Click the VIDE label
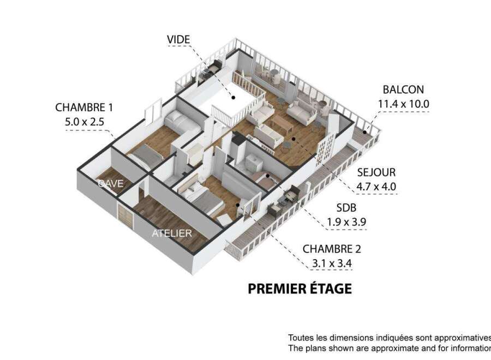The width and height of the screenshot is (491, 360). (178, 39)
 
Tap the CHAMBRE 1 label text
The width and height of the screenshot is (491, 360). (84, 107)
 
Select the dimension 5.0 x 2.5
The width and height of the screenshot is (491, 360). (84, 122)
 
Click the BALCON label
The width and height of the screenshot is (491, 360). (403, 89)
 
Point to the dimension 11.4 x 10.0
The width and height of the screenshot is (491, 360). (403, 104)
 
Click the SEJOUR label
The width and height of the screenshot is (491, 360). (376, 172)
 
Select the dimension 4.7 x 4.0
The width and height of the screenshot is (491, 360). (376, 187)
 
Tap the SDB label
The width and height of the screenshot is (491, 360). (346, 208)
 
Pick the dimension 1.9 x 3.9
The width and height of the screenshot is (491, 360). (346, 222)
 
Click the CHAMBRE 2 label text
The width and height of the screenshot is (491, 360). (332, 249)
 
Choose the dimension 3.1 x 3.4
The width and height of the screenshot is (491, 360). (332, 263)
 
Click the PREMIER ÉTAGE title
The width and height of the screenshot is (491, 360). (300, 289)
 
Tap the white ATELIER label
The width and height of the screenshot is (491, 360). (172, 233)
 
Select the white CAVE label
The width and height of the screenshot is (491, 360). (111, 183)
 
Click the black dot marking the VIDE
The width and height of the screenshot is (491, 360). (233, 98)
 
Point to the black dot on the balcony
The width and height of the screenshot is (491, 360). (365, 133)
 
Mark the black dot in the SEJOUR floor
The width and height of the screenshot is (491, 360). (294, 139)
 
